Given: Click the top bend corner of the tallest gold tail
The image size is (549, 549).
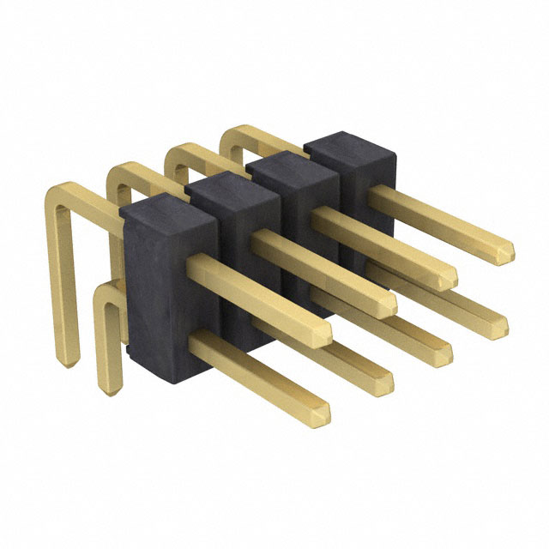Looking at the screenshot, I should coord(56,191).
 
